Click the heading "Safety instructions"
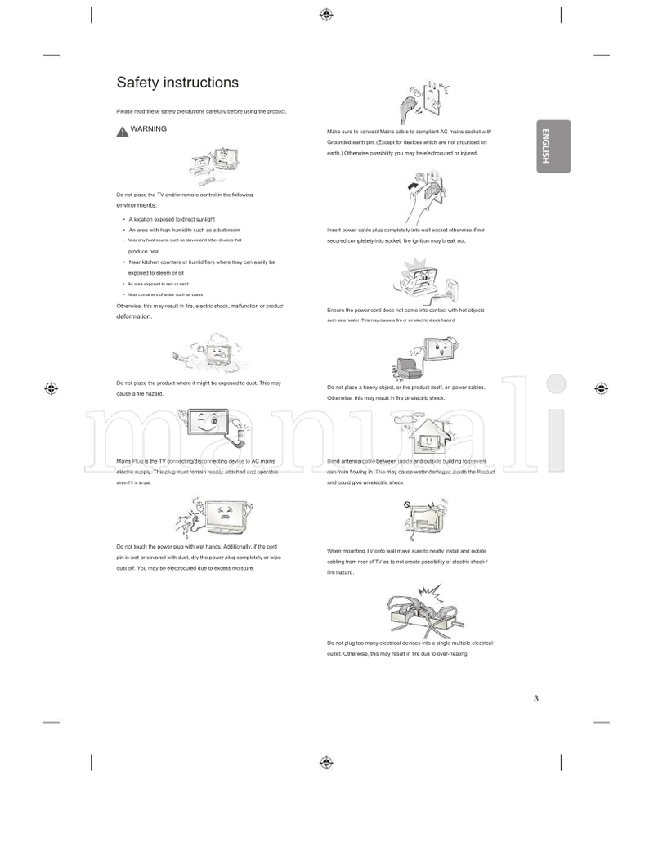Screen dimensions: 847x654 (177, 83)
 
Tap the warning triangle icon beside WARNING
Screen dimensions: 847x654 (122, 130)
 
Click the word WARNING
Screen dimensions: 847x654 (148, 129)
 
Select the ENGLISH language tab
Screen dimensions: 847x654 (553, 146)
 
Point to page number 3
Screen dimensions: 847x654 (535, 698)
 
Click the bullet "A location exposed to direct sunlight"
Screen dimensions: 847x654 (172, 220)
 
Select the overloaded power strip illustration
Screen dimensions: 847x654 (423, 612)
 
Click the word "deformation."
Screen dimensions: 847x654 (134, 316)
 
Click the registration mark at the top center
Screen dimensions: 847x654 (326, 14)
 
